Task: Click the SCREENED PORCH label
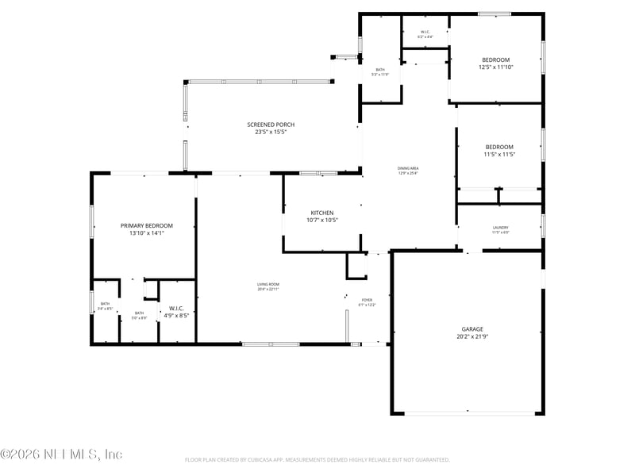pyautogui.click(x=271, y=125)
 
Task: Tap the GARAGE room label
pyautogui.click(x=472, y=328)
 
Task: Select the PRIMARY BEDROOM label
pyautogui.click(x=146, y=225)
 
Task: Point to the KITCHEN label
pyautogui.click(x=321, y=213)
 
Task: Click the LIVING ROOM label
pyautogui.click(x=267, y=285)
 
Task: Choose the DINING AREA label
pyautogui.click(x=408, y=167)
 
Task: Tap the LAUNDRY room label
pyautogui.click(x=500, y=228)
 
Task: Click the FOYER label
pyautogui.click(x=367, y=300)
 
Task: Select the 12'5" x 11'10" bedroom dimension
pyautogui.click(x=496, y=67)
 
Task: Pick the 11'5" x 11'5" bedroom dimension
pyautogui.click(x=499, y=154)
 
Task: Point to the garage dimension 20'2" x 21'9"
pyautogui.click(x=472, y=336)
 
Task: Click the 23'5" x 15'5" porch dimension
pyautogui.click(x=271, y=132)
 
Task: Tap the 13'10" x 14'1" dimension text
pyautogui.click(x=146, y=233)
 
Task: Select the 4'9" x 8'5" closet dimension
pyautogui.click(x=176, y=315)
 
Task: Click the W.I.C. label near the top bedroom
pyautogui.click(x=425, y=33)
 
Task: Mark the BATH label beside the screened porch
pyautogui.click(x=380, y=70)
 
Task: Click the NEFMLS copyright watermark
pyautogui.click(x=61, y=455)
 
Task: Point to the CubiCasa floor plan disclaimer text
pyautogui.click(x=317, y=459)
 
